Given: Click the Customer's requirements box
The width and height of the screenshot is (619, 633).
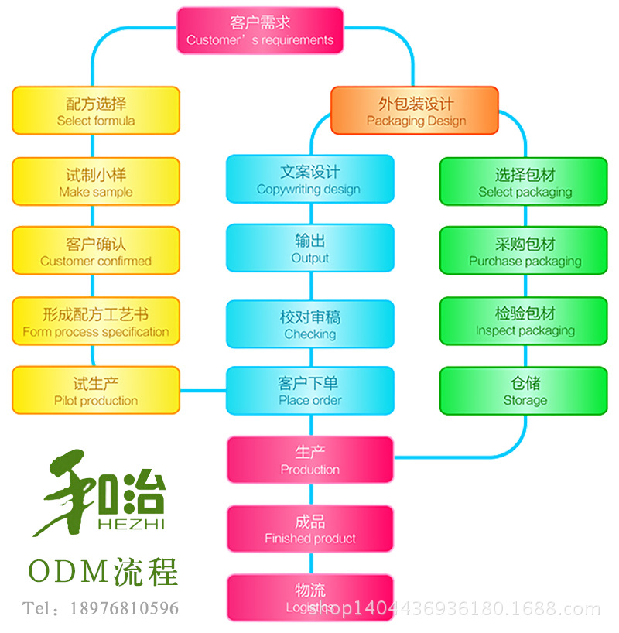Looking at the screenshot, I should tap(260, 30).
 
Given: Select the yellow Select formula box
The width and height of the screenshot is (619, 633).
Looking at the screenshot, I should tap(96, 111).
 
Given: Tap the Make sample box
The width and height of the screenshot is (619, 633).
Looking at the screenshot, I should tap(96, 182).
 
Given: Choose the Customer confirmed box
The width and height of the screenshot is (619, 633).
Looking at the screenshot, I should tap(96, 251).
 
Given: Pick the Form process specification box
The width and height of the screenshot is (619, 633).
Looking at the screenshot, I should tap(96, 322).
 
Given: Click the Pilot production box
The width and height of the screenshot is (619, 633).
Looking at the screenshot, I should tap(96, 391).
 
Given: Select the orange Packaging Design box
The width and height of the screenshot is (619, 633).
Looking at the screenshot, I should tap(416, 111).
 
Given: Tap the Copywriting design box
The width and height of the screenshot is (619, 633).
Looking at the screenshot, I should tap(309, 180).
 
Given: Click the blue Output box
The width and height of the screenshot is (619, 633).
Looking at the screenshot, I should tap(309, 248).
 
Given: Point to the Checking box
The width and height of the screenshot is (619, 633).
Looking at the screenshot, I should tap(309, 324).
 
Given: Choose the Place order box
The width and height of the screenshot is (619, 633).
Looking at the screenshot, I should tap(309, 391).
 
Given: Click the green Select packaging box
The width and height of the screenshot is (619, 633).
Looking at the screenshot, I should tap(524, 182).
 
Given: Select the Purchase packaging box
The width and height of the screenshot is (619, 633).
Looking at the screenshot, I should tap(524, 251).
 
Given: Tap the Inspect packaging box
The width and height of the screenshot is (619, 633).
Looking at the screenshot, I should tap(524, 322).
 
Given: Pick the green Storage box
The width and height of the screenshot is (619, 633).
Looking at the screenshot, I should tap(524, 391).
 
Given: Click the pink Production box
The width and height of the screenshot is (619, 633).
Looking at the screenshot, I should tap(309, 460).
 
